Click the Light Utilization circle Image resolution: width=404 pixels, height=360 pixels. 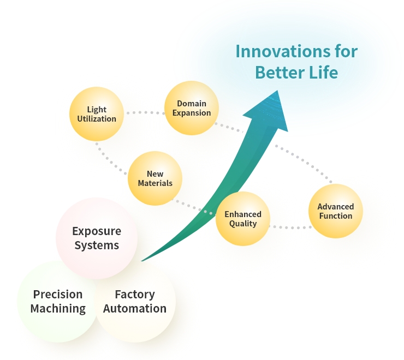[x=97, y=114]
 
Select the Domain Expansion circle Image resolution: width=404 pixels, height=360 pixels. [x=192, y=108]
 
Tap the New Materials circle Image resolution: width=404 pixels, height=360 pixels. [x=155, y=178]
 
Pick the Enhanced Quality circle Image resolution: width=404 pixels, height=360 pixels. [x=243, y=219]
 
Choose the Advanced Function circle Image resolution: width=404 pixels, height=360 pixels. [x=335, y=211]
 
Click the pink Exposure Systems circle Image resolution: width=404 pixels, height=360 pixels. [x=97, y=238]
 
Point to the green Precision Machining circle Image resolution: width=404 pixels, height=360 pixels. [x=58, y=302]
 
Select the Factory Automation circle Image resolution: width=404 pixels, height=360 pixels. [x=135, y=302]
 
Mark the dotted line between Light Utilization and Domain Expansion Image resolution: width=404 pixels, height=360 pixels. [x=146, y=112]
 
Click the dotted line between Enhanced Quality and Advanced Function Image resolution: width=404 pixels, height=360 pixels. [x=290, y=227]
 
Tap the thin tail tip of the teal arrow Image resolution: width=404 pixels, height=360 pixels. [x=141, y=261]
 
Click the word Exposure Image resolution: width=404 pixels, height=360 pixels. [x=97, y=231]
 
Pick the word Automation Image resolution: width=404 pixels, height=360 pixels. [x=135, y=309]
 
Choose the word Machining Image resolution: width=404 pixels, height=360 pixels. [x=58, y=309]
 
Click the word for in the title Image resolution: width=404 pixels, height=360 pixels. [x=346, y=51]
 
